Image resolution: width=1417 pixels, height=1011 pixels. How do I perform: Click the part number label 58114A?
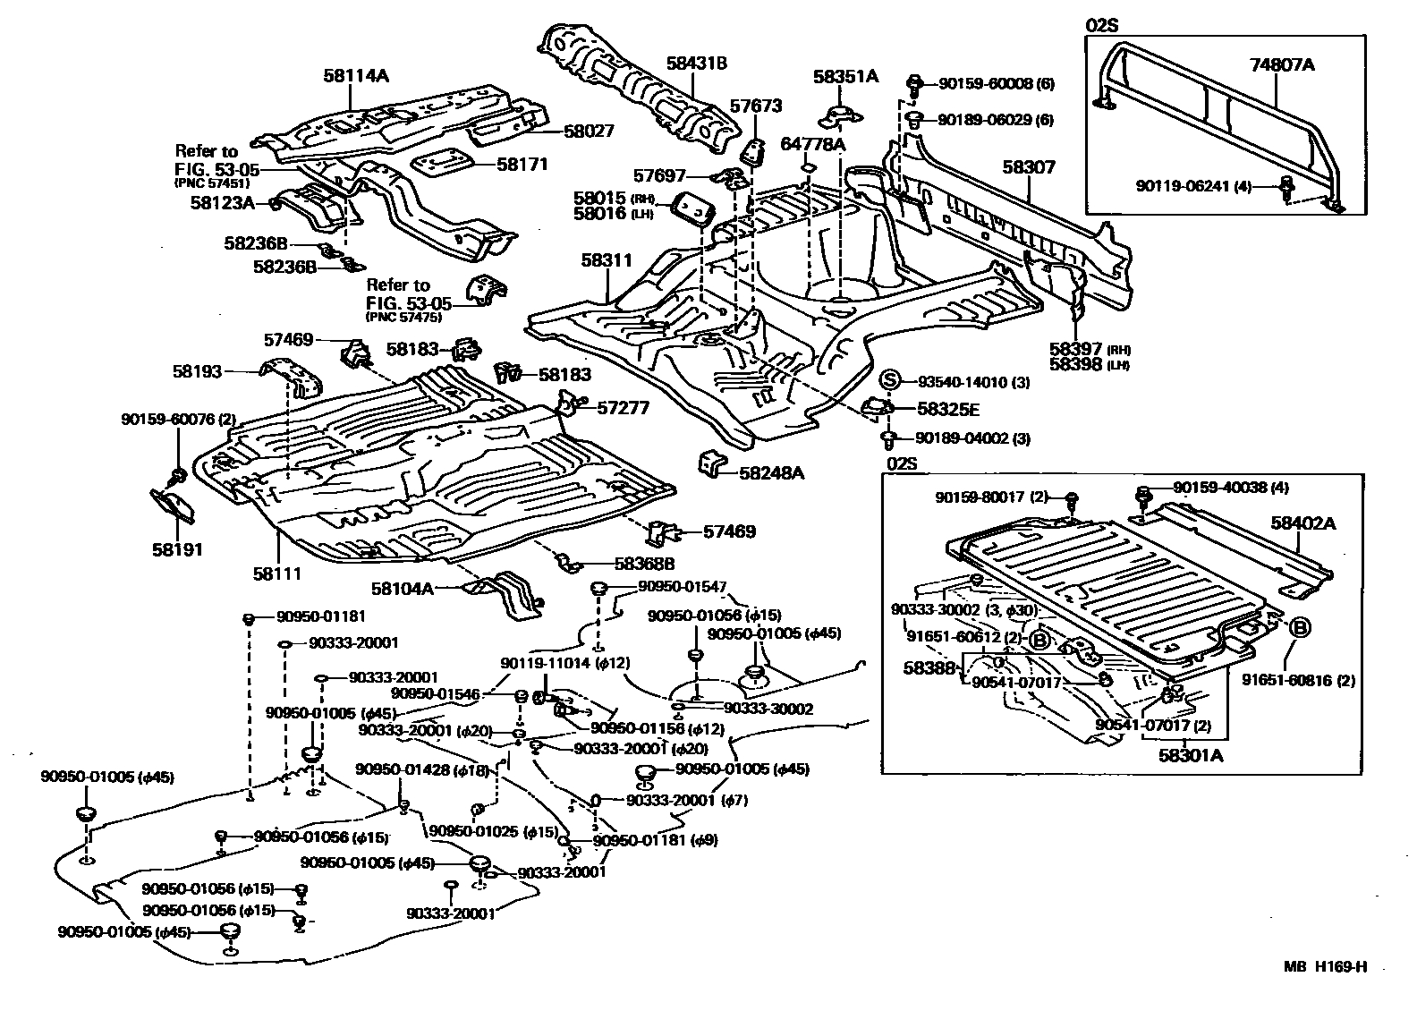356,76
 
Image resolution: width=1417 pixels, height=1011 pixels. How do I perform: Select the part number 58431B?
696,63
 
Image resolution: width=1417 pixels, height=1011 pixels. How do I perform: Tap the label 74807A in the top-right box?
1281,64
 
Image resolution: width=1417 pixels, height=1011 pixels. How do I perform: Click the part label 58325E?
948,409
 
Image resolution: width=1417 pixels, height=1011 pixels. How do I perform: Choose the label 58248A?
771,472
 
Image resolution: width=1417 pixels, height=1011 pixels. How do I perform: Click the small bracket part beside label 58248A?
712,463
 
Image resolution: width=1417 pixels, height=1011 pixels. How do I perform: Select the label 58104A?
403,589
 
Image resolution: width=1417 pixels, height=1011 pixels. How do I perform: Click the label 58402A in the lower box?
1303,523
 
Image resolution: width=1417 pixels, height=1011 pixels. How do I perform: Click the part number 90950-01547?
682,587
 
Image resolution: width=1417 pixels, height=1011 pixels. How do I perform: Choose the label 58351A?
845,77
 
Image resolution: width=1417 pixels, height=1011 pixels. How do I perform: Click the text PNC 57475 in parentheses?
403,317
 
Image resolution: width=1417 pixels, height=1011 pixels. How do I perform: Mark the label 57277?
624,408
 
